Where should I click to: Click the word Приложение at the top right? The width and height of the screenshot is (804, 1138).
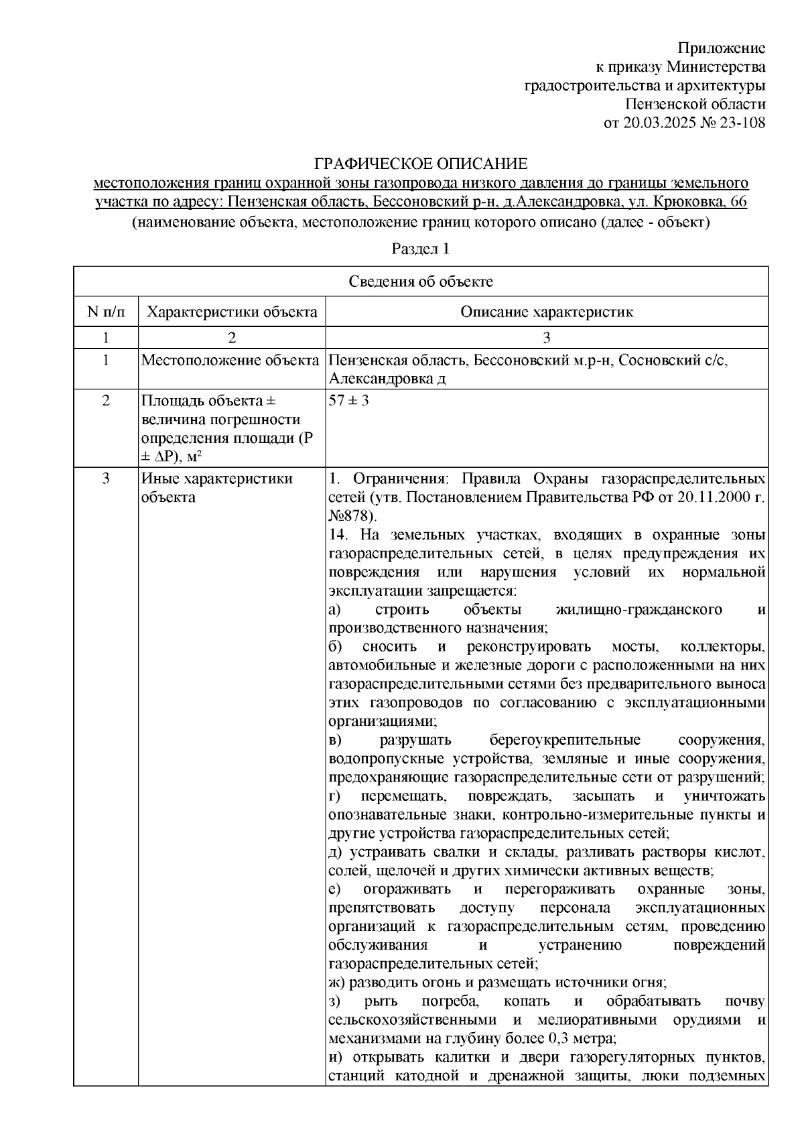point(722,48)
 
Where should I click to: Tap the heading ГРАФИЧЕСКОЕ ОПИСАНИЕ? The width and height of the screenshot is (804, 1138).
point(421,164)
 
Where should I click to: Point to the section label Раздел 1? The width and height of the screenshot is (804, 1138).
point(420,249)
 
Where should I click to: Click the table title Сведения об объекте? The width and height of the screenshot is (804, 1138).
point(420,281)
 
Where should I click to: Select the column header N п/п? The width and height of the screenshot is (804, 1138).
point(105,312)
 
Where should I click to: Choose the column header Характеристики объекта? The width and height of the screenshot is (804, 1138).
point(232,312)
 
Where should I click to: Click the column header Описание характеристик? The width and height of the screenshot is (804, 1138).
point(546,312)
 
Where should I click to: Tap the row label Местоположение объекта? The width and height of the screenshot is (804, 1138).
point(230,361)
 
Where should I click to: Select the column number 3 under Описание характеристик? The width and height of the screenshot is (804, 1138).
point(547,337)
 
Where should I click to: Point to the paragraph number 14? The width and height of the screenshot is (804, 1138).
point(338,534)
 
